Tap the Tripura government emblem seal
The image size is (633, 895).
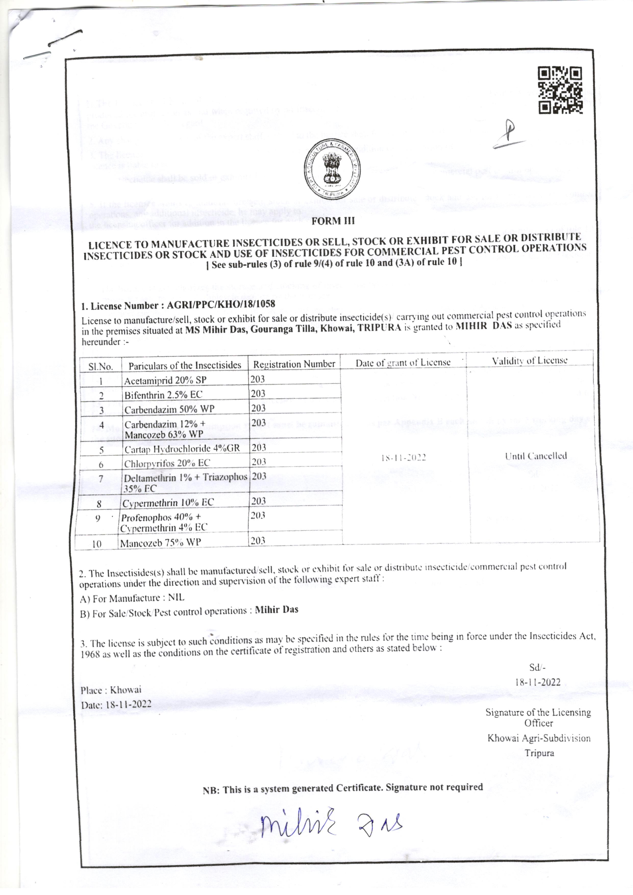point(332,169)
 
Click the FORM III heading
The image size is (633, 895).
point(333,221)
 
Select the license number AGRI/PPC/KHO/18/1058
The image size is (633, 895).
point(221,304)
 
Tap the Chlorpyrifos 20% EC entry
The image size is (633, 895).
point(167,463)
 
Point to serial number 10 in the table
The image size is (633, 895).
point(97,543)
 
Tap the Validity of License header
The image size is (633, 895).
point(529,361)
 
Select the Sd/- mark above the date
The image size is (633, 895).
point(538,667)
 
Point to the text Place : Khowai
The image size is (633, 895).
point(111,690)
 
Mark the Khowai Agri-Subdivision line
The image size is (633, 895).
point(539,738)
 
